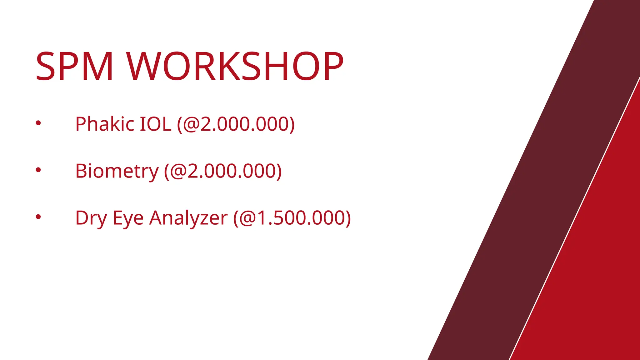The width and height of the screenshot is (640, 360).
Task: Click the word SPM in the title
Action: click(74, 66)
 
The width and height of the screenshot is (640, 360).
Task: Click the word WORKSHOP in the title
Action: click(235, 66)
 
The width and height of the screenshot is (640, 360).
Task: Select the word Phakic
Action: click(105, 124)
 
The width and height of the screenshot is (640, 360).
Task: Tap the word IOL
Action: click(155, 124)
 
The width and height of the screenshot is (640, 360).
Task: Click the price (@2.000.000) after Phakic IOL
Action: click(236, 124)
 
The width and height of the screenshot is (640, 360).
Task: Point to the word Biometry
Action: click(117, 171)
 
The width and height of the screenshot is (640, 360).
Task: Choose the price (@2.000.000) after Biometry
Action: click(223, 171)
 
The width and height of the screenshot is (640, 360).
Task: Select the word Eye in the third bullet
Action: click(128, 218)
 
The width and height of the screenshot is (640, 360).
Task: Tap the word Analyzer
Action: click(188, 218)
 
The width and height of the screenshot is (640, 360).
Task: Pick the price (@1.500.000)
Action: click(292, 218)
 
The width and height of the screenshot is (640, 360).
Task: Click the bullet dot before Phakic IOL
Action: click(38, 123)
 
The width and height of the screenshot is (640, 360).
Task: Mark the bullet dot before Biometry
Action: click(38, 170)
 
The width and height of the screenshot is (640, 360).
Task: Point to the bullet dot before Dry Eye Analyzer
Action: click(38, 216)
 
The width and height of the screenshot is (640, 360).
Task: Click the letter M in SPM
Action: click(97, 66)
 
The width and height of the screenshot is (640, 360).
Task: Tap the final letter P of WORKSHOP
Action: click(331, 66)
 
